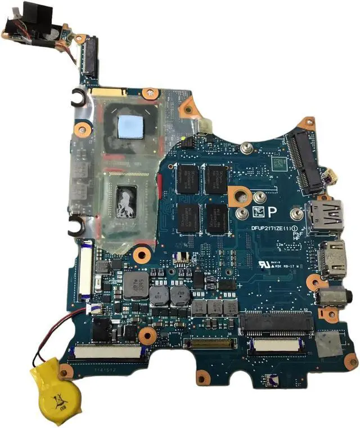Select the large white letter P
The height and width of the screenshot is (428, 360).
tap(272, 212)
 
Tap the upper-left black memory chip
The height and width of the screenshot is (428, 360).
tap(188, 178)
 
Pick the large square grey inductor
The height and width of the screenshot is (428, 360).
tap(135, 286)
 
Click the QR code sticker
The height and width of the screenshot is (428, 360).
tap(277, 163)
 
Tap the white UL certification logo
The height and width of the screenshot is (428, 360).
tap(260, 263)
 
